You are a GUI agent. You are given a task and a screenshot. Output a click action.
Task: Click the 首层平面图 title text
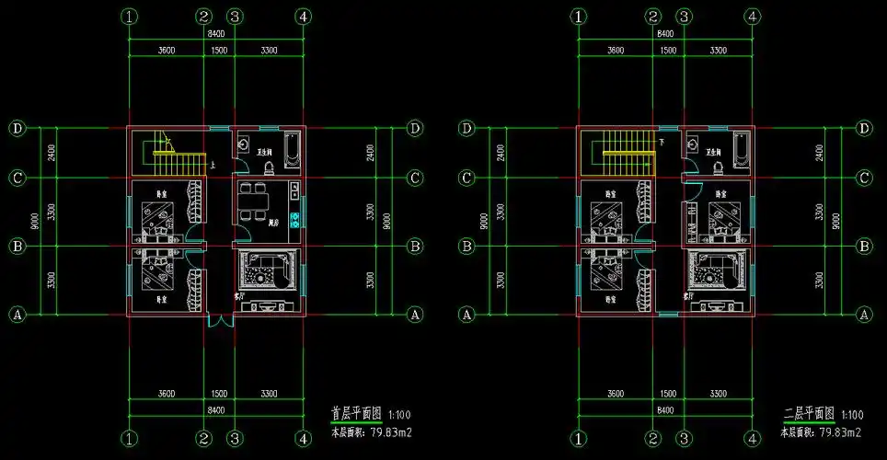358,414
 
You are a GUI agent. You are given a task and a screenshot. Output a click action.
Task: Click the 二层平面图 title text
808,414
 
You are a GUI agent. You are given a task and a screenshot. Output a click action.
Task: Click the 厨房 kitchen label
273,224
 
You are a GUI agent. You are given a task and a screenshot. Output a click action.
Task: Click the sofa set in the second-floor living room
715,273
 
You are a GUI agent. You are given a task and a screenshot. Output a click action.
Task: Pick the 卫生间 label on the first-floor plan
264,153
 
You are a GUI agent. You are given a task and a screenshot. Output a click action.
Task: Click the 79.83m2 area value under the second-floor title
840,431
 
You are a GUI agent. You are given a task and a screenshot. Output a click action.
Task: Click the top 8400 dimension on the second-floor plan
664,33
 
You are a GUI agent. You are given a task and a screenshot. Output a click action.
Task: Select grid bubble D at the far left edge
17,128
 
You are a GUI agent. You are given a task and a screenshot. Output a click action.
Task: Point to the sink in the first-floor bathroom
244,144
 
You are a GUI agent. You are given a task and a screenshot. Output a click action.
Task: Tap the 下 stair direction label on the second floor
662,143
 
